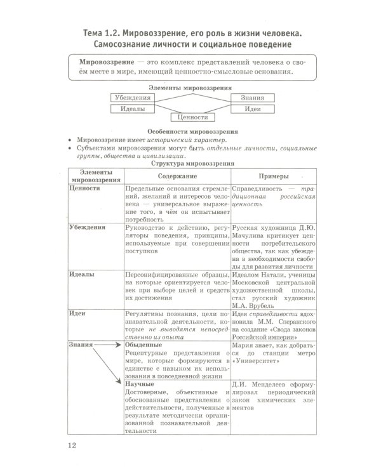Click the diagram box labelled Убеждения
(x=133, y=98)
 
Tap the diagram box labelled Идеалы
(x=133, y=109)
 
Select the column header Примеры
(x=274, y=176)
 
